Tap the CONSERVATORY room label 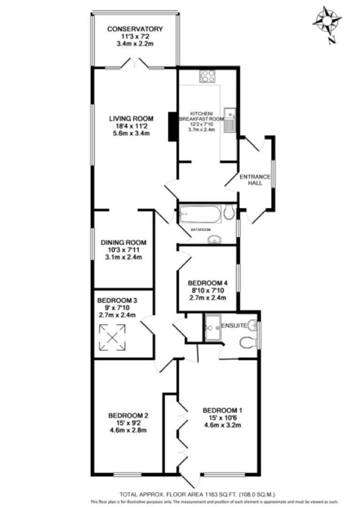click(x=135, y=29)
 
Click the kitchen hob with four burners click(x=207, y=76)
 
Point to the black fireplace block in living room click(x=173, y=126)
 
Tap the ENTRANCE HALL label click(x=255, y=180)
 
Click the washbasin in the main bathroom click(x=216, y=240)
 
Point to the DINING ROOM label click(x=124, y=243)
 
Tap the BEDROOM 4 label click(x=207, y=283)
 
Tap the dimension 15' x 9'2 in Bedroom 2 click(x=129, y=423)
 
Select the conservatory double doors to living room click(x=135, y=65)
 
